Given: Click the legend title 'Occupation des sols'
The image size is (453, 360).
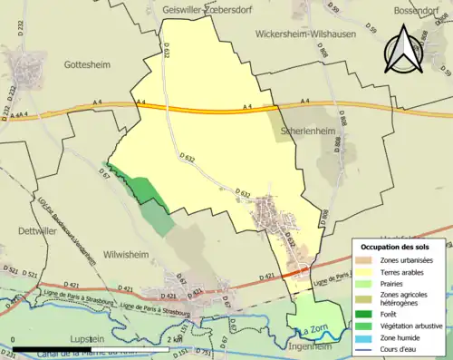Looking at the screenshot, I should coord(396,247).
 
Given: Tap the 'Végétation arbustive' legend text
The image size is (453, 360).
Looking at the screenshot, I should coord(417,325).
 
